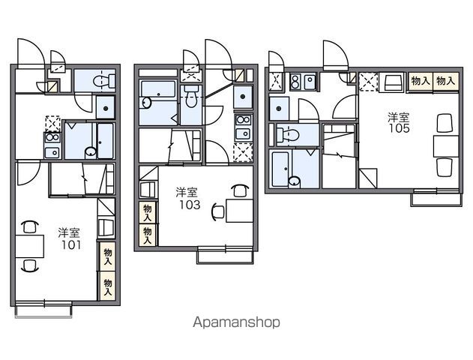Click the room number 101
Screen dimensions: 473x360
click(x=71, y=244)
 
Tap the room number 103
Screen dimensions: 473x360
click(x=190, y=205)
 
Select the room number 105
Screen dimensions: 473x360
click(x=399, y=128)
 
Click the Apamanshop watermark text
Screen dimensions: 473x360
click(x=236, y=322)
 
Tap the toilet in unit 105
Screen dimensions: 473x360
click(x=288, y=135)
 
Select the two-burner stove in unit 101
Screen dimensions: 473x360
click(x=52, y=137)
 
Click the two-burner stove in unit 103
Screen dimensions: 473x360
click(x=244, y=120)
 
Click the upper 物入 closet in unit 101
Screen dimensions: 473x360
click(x=107, y=256)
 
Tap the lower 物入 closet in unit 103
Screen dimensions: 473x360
click(x=148, y=235)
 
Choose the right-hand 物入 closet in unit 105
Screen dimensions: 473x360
click(x=446, y=81)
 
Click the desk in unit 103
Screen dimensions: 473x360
click(x=240, y=211)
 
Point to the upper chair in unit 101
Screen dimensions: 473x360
click(x=29, y=226)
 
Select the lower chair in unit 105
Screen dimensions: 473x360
click(x=445, y=167)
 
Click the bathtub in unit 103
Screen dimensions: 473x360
click(x=158, y=88)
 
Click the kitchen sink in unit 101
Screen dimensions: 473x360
click(x=52, y=153)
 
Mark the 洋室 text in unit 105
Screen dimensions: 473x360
click(x=399, y=117)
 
